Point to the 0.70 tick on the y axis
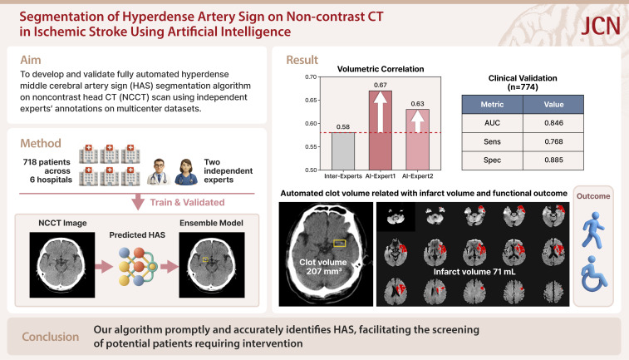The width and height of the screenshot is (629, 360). (310, 77)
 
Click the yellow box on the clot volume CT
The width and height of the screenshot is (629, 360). (339, 243)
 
